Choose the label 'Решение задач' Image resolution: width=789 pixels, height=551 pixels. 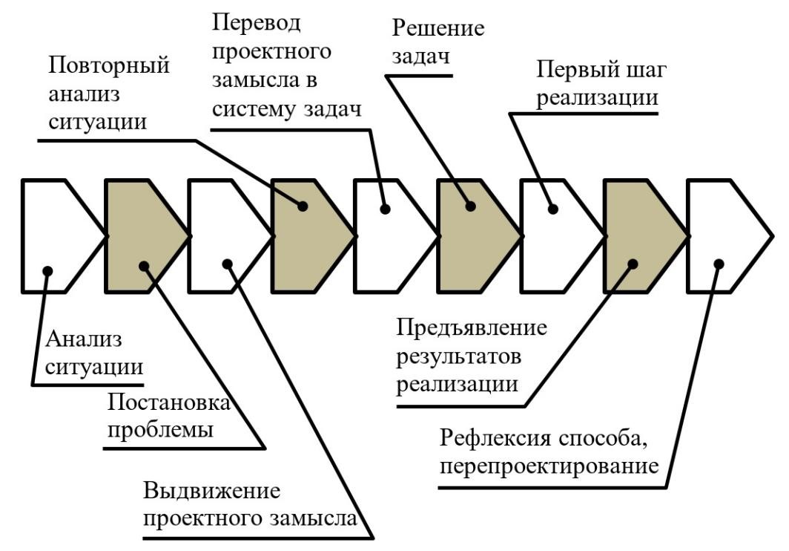(438, 43)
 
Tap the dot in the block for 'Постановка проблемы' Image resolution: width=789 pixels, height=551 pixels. (144, 264)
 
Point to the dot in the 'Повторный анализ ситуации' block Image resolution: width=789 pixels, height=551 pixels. (303, 206)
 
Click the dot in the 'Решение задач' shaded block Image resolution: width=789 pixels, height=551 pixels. (469, 206)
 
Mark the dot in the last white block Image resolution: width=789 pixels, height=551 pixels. (718, 263)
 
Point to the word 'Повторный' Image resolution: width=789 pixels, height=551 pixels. (109, 65)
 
